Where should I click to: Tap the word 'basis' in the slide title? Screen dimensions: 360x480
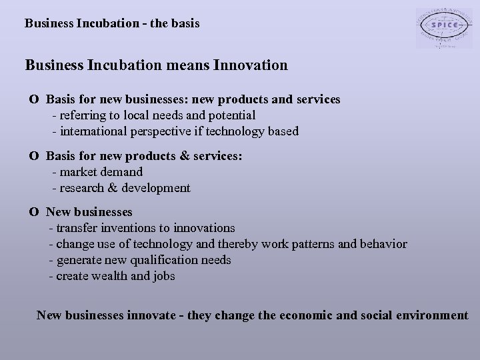183,23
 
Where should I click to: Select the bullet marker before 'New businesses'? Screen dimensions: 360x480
33,213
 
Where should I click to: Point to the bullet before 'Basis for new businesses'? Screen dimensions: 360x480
33,99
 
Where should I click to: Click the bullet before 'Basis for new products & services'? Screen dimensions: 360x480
33,156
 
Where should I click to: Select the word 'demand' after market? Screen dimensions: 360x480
121,172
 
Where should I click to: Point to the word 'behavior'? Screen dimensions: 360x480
383,245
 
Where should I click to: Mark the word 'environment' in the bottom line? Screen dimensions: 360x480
431,315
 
